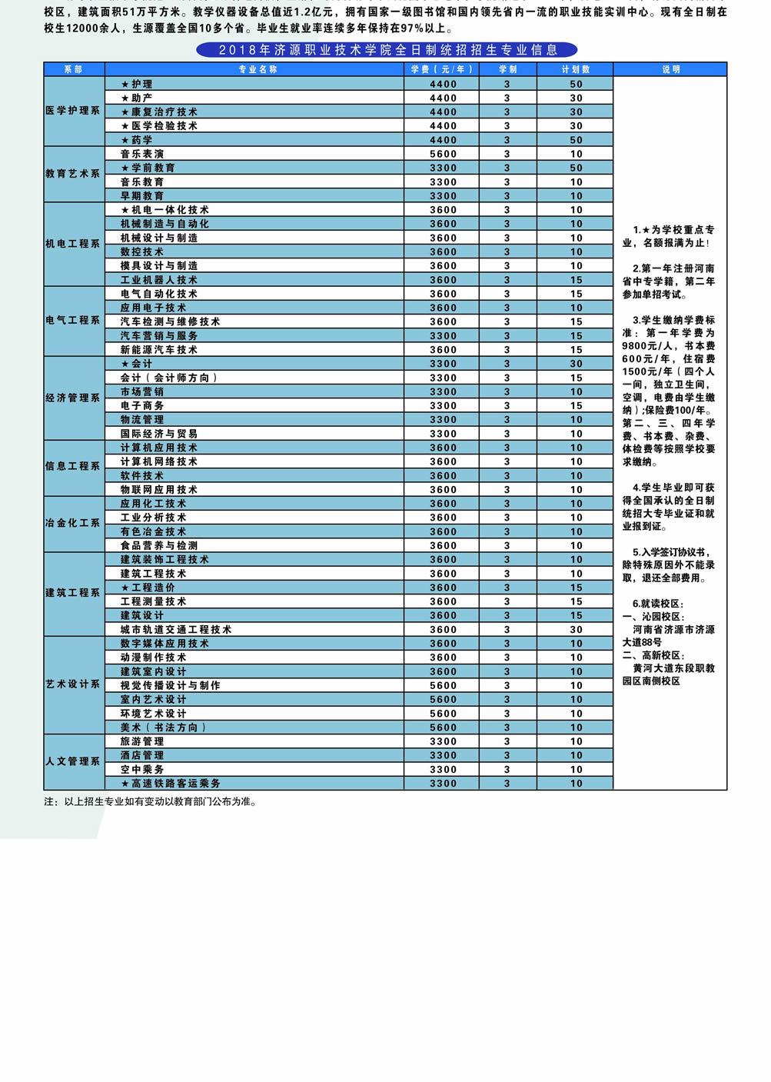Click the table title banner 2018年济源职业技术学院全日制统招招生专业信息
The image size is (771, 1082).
click(x=387, y=50)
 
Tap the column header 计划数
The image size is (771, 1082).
click(x=576, y=69)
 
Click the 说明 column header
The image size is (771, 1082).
click(x=670, y=69)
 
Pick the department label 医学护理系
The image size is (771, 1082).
click(x=73, y=111)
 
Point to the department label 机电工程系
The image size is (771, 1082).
click(x=73, y=244)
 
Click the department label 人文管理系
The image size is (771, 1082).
click(x=73, y=761)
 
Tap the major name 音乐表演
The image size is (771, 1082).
click(x=142, y=154)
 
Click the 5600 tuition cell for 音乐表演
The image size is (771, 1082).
click(x=443, y=154)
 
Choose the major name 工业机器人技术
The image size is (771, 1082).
click(x=159, y=280)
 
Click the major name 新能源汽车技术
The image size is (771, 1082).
click(x=159, y=350)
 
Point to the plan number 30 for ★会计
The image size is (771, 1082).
click(x=576, y=364)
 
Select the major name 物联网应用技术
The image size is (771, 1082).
click(x=159, y=490)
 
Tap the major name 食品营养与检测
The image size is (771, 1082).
click(x=159, y=546)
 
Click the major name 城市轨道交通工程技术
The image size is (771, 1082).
click(x=176, y=630)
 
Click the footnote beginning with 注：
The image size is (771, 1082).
click(x=151, y=801)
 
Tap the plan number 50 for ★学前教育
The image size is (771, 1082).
click(x=576, y=168)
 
